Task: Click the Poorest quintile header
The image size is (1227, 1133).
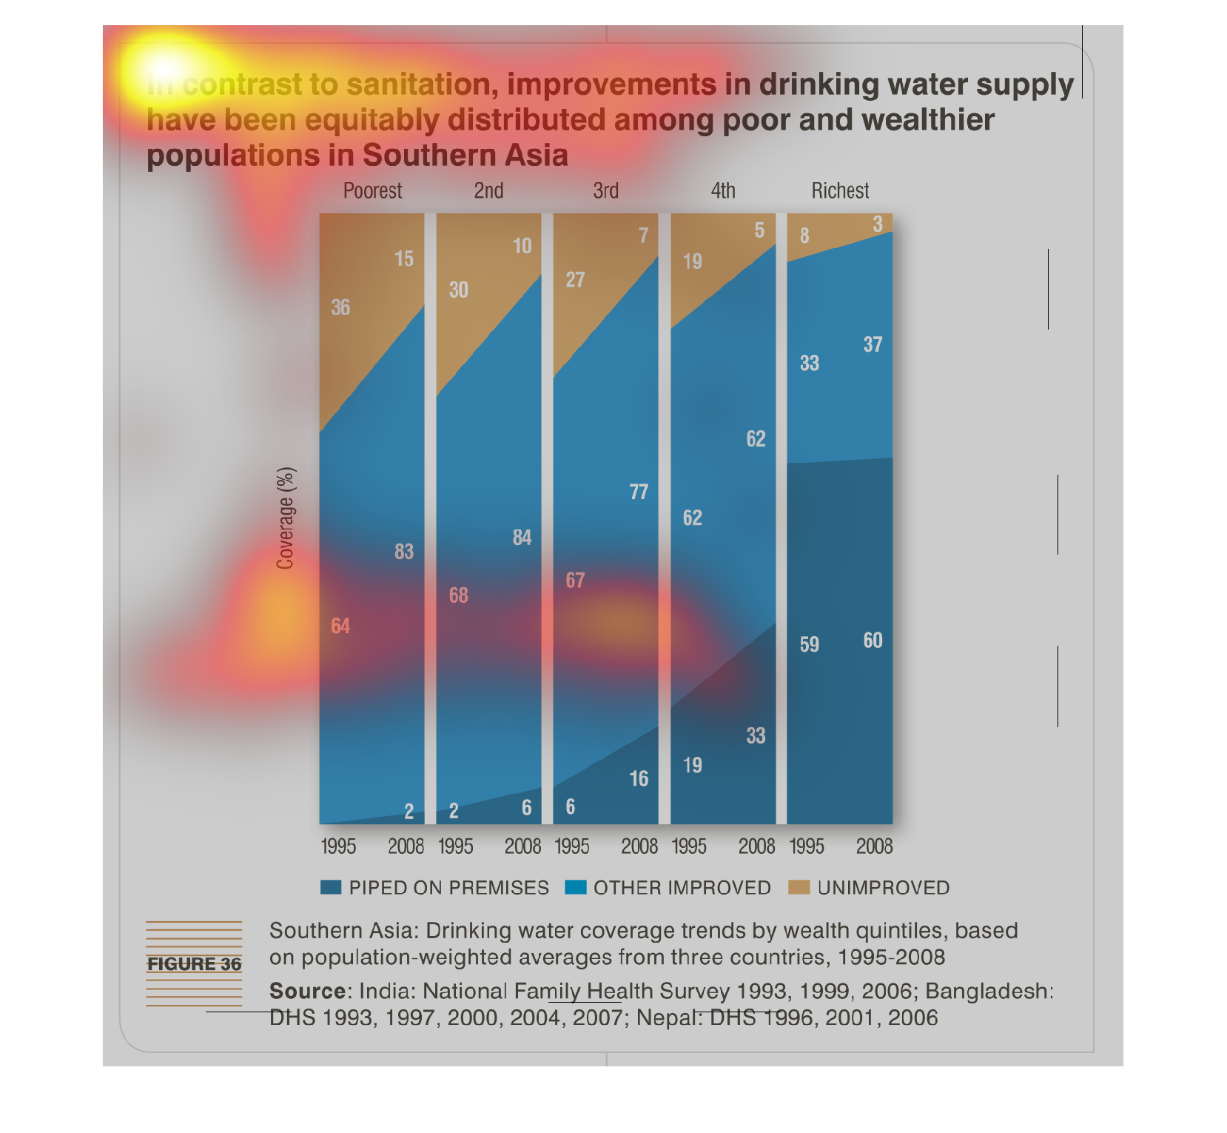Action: coord(372,191)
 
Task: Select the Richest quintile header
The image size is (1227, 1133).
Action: coord(840,191)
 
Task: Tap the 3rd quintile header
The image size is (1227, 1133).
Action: coord(605,191)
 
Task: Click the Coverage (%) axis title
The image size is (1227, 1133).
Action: coord(286,518)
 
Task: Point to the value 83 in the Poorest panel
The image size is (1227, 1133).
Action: coord(404,552)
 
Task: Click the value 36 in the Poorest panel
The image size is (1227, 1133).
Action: coord(340,307)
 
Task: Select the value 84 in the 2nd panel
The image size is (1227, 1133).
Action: coord(522,538)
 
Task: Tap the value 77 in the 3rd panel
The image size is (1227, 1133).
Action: coord(639,492)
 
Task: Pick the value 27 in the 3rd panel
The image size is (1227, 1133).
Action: coord(575,280)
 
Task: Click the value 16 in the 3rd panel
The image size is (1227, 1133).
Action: coord(639,779)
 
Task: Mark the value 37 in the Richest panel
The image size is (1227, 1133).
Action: coord(873,344)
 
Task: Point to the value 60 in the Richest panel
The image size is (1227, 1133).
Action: coord(873,641)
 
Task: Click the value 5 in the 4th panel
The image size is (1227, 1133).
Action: coord(759,230)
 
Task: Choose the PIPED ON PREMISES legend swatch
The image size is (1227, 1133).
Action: coord(331,887)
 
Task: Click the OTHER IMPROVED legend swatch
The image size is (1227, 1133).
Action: coord(575,887)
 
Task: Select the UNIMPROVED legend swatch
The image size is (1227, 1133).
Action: coord(799,887)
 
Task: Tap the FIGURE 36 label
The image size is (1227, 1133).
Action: coord(194,964)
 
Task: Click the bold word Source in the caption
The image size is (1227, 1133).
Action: coord(306,991)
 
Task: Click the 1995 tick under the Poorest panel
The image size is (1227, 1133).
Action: coord(338,846)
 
